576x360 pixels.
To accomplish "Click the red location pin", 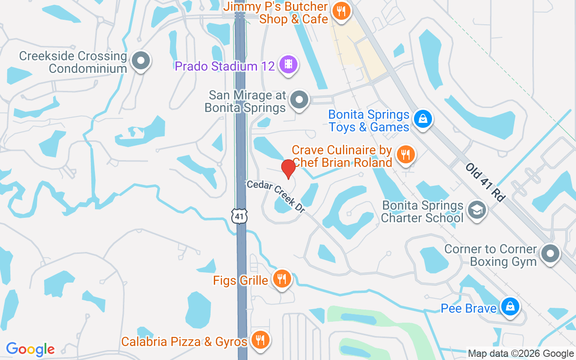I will [288, 169].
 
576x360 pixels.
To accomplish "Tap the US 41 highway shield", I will [240, 216].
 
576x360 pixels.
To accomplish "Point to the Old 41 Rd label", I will [486, 182].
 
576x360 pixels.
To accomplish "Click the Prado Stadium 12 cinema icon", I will [288, 65].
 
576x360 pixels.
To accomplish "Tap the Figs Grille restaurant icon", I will [282, 279].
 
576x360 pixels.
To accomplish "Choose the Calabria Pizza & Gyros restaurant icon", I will [260, 341].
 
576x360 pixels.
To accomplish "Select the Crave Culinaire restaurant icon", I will [406, 155].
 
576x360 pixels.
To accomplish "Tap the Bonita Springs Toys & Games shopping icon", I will [423, 119].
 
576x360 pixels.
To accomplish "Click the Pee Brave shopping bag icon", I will [510, 307].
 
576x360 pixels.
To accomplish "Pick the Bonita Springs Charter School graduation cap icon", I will [477, 211].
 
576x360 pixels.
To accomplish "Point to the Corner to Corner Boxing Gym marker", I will [550, 254].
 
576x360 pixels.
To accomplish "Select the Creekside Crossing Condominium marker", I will [141, 61].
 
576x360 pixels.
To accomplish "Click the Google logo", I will [31, 349].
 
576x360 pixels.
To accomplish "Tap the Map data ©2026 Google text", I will [521, 354].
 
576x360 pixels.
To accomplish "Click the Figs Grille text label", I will [241, 281].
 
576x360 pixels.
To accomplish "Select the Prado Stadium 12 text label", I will [225, 66].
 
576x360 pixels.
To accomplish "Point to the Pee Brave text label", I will [468, 309].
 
